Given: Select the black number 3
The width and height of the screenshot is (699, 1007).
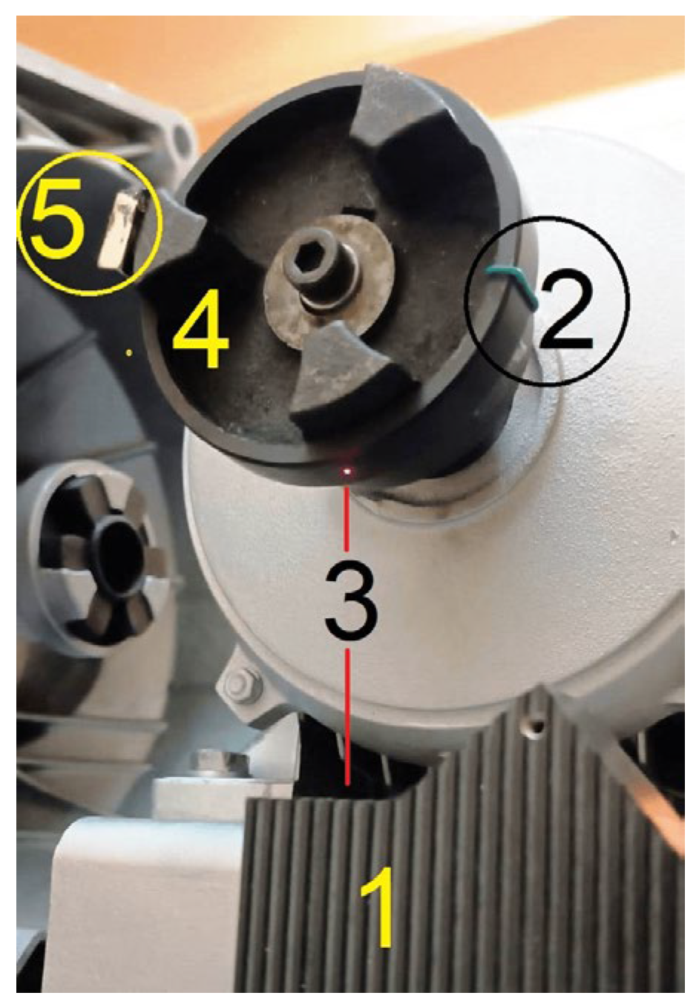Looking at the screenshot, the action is [x=350, y=600].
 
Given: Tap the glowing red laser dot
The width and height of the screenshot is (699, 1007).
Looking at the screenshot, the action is [x=347, y=471].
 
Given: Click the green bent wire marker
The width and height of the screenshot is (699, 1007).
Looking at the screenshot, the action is [x=511, y=286].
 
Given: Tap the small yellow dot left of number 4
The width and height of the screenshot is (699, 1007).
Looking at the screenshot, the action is [x=129, y=353].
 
